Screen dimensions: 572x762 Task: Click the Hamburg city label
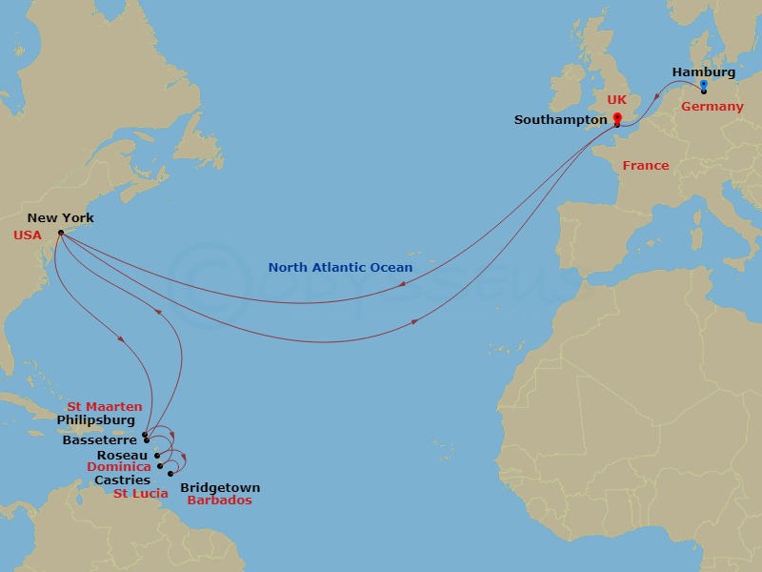point(703,71)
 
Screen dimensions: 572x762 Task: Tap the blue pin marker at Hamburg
point(703,86)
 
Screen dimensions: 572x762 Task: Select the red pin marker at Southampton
point(617,119)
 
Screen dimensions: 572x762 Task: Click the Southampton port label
point(560,120)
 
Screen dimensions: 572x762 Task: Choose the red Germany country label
point(712,107)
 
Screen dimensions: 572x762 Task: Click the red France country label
point(646,166)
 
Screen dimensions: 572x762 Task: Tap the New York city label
point(60,218)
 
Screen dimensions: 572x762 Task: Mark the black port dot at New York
point(60,232)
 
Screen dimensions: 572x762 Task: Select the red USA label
point(28,234)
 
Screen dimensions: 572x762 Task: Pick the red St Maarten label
point(105,407)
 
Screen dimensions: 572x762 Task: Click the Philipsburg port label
point(95,420)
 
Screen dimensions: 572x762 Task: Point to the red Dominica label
point(119,467)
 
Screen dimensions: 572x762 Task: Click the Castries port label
point(122,480)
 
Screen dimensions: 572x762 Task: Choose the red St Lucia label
point(141,494)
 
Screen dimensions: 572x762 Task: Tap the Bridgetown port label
point(220,488)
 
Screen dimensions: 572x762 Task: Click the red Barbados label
point(219,500)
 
